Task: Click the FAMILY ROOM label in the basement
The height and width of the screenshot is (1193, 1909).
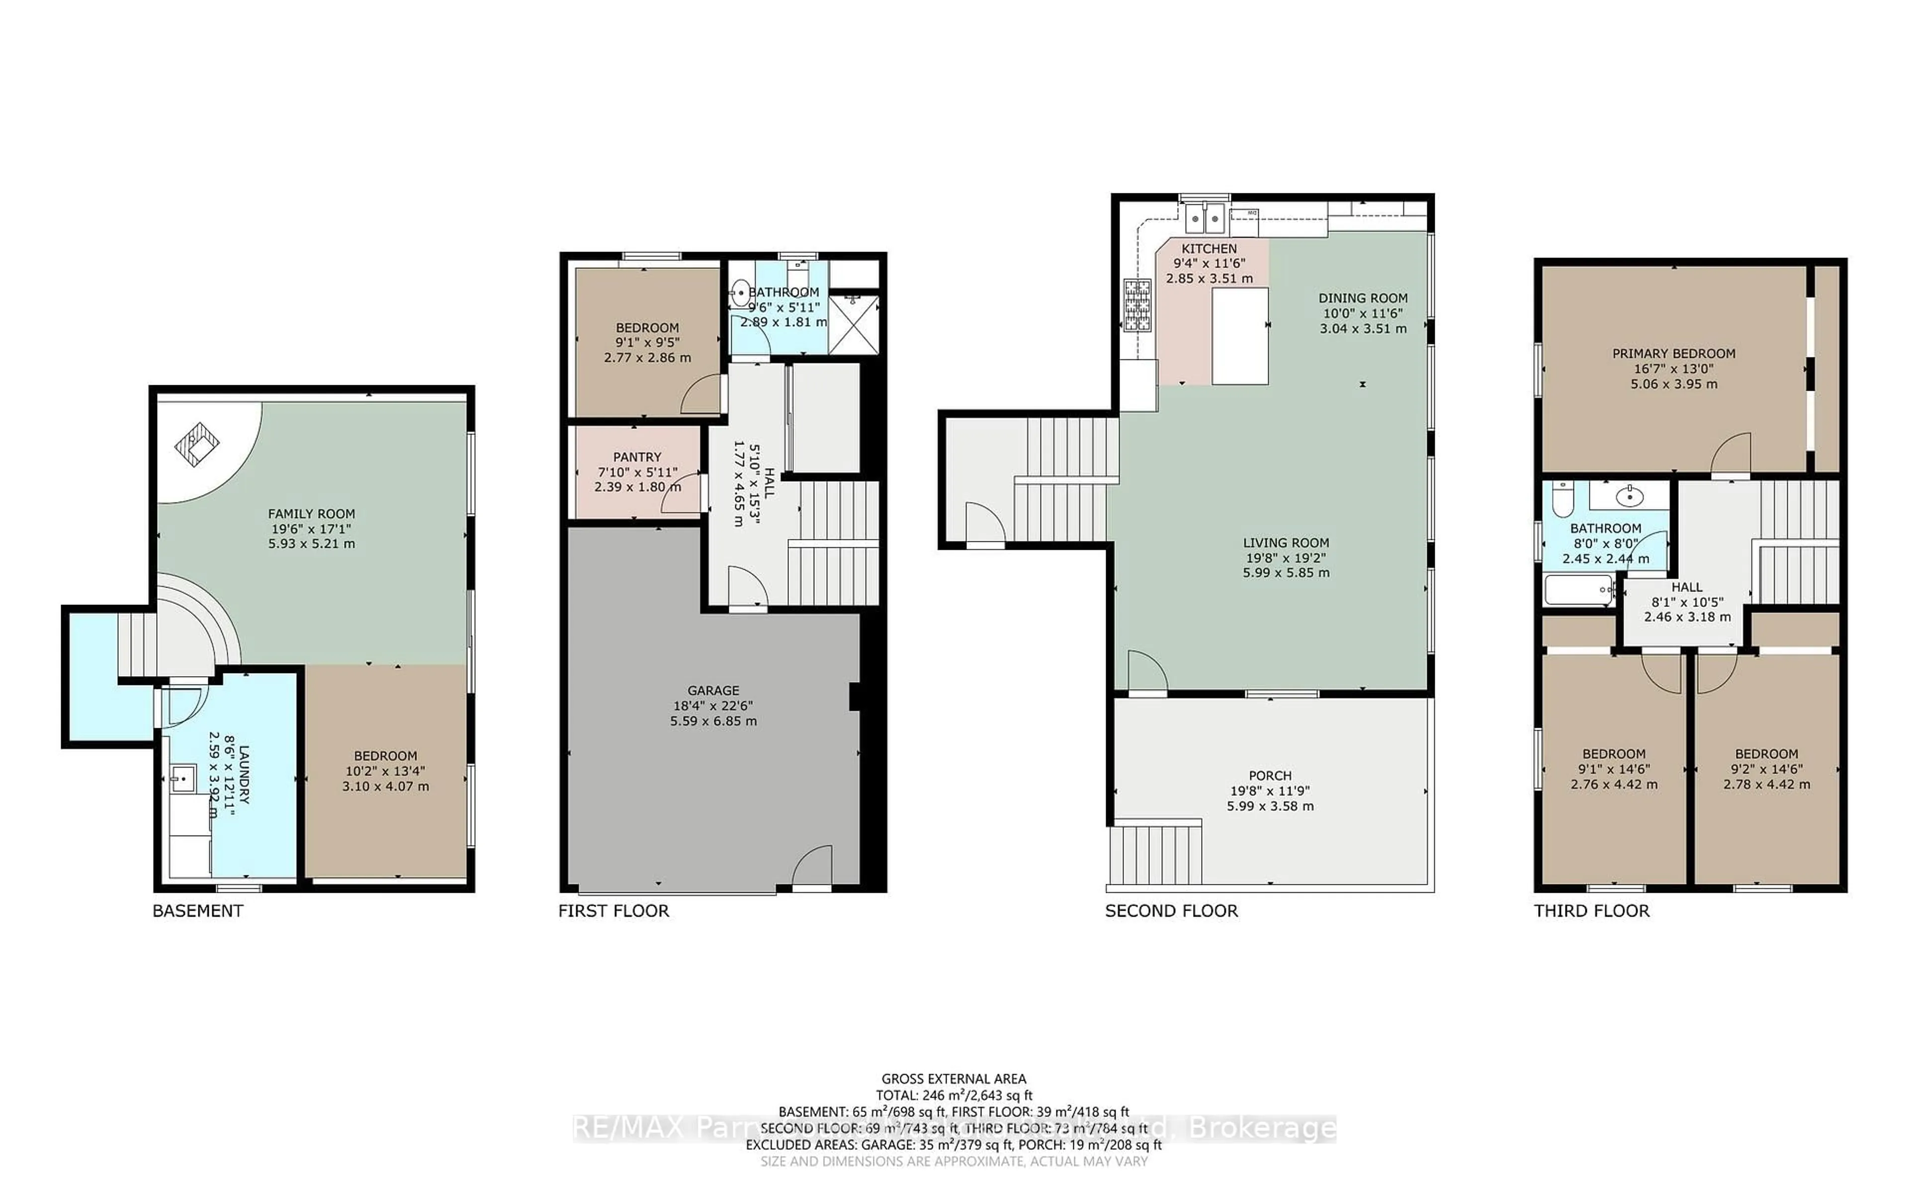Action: tap(312, 513)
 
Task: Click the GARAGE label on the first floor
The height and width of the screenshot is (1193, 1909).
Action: tap(712, 690)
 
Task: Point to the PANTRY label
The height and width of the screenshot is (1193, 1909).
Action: tap(637, 457)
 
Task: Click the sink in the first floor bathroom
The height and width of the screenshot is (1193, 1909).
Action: tap(741, 293)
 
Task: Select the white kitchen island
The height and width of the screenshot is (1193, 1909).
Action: tap(1239, 336)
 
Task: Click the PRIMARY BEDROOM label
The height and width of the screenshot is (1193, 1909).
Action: tap(1673, 353)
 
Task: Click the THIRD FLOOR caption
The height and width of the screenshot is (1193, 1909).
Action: tap(1591, 911)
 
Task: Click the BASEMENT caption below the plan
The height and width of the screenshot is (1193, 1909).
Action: tap(197, 911)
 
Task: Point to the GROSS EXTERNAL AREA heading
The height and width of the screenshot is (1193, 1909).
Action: tap(953, 1079)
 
